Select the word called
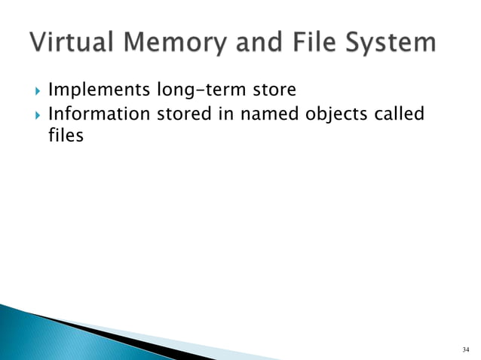(399, 115)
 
